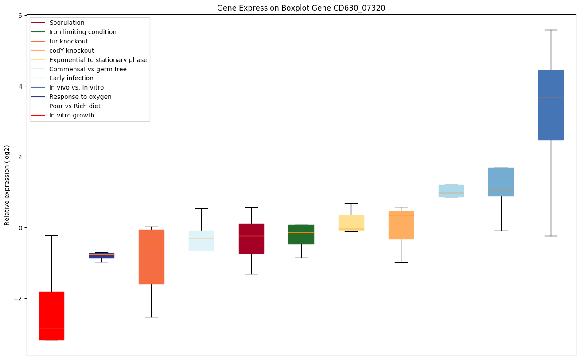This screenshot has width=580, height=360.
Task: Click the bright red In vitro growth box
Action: pos(51,316)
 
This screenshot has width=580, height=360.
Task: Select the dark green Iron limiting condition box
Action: pos(301,234)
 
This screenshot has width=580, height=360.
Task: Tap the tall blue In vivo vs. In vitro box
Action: pos(551,105)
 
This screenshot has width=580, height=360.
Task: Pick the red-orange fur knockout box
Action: pos(152,257)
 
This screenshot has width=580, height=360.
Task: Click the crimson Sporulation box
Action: pos(251,239)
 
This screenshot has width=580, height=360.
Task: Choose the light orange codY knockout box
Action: pos(401,225)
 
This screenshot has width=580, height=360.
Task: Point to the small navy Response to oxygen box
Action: pos(101,255)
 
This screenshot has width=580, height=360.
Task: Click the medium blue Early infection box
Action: pos(501,182)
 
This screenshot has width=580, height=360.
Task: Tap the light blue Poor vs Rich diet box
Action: pos(451,191)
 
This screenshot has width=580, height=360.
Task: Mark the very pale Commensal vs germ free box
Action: pos(201,241)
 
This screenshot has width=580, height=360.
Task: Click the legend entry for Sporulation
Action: pos(67,23)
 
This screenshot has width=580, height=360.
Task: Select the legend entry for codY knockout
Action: pos(71,51)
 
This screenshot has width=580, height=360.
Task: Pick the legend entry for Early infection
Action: pos(71,78)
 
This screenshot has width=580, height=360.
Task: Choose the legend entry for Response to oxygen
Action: pos(80,97)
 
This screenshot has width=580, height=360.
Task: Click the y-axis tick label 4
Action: pos(20,86)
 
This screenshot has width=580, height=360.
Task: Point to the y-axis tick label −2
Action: pos(18,298)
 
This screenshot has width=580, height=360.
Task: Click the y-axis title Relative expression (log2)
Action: pos(7,185)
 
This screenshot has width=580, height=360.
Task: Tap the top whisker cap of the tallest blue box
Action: pos(551,30)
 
